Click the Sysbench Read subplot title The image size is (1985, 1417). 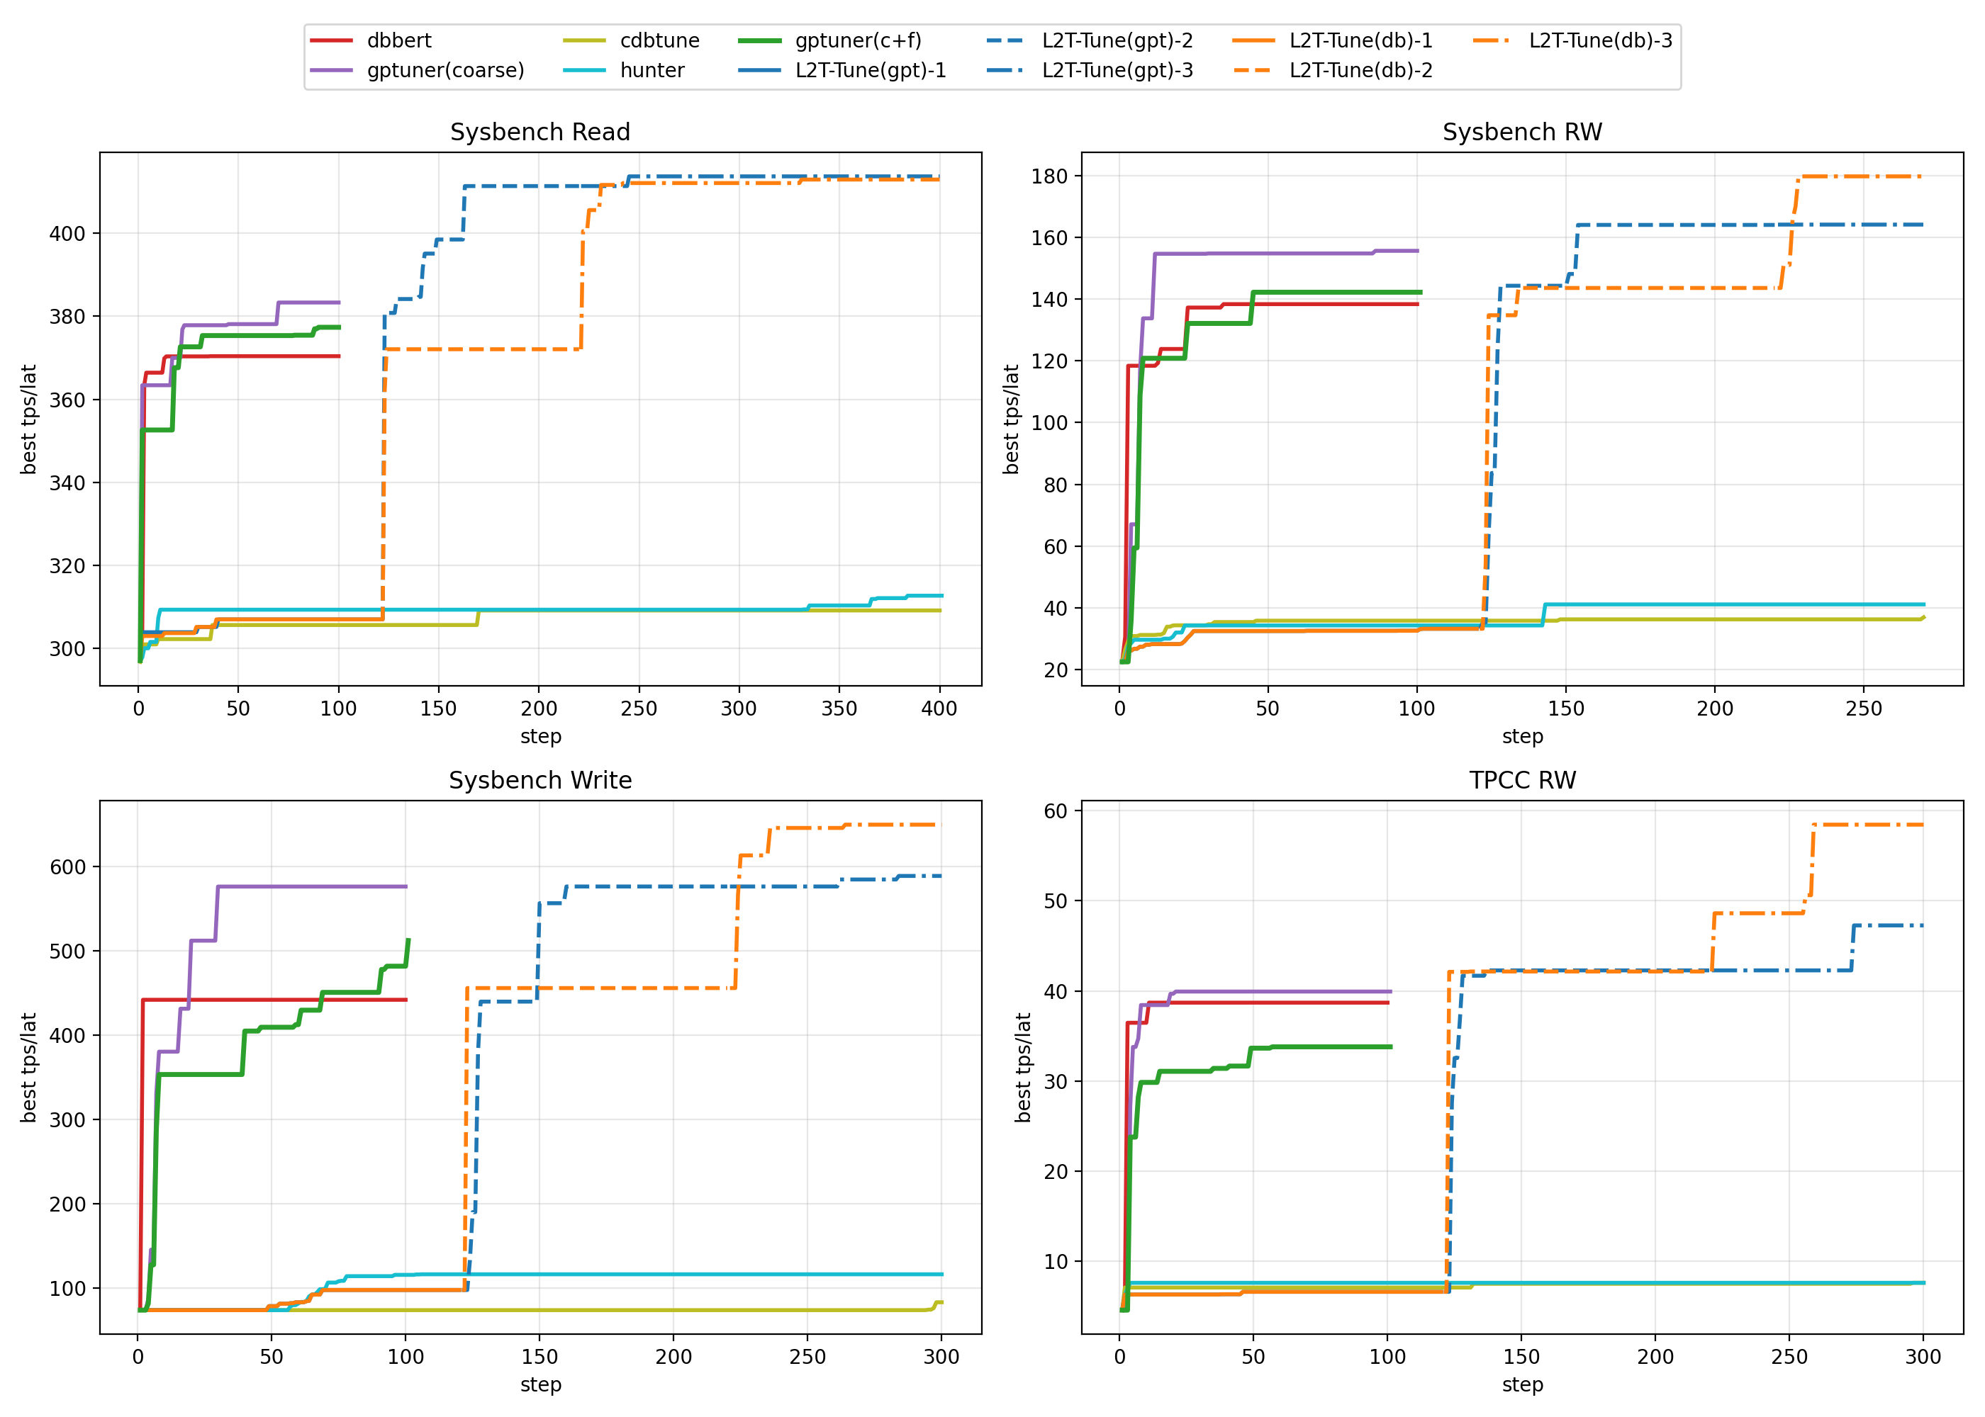[x=539, y=132]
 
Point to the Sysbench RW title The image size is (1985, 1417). [x=1521, y=132]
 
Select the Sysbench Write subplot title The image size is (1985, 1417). [x=539, y=780]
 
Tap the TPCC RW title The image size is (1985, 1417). [x=1521, y=780]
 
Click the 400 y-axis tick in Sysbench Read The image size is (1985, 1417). [x=67, y=234]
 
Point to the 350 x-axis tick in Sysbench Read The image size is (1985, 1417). [x=839, y=708]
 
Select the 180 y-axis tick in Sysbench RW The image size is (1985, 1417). [x=1049, y=176]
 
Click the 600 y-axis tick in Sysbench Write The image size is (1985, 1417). [x=67, y=867]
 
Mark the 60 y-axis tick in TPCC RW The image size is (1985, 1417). [x=1056, y=811]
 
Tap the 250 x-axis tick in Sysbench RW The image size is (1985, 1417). [x=1864, y=708]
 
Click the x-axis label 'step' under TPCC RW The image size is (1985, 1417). [x=1521, y=1384]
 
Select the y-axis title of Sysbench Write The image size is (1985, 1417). [x=29, y=1067]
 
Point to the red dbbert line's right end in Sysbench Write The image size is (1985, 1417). [x=406, y=1000]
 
